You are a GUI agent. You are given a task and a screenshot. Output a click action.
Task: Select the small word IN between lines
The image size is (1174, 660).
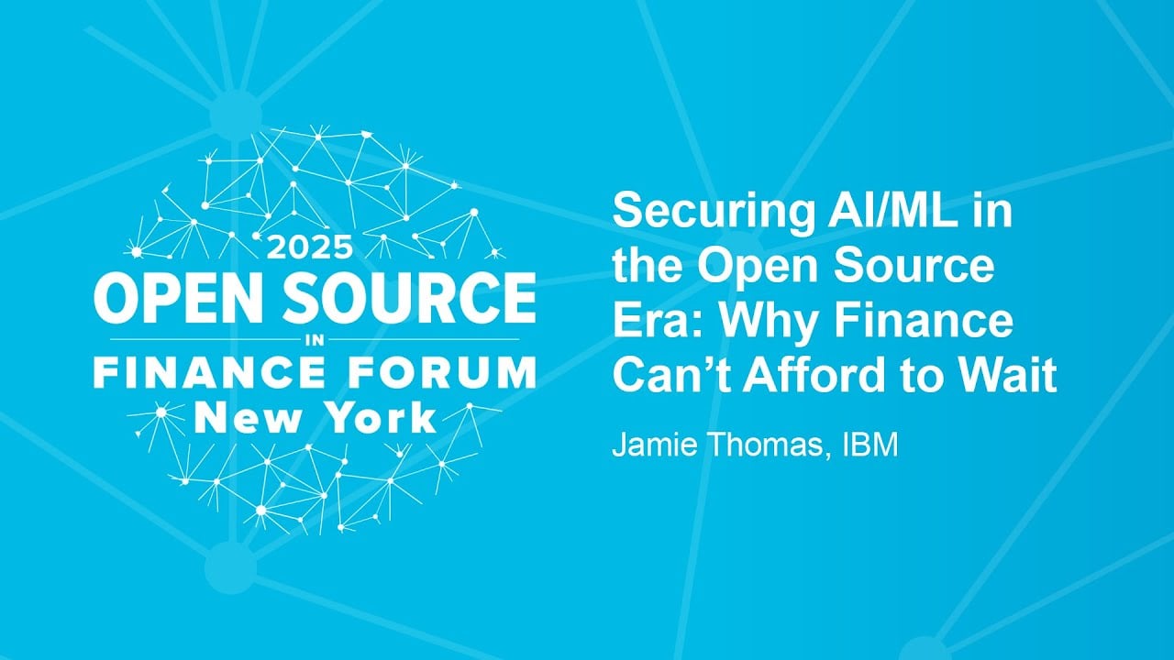(314, 340)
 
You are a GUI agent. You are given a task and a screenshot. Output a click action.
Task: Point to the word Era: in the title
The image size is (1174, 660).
(648, 323)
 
